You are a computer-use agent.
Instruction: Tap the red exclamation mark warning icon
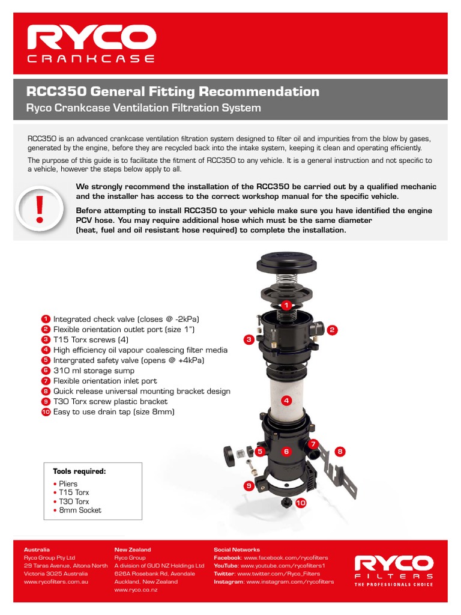[40, 208]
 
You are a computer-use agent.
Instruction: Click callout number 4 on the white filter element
[286, 401]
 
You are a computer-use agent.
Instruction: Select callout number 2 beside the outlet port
[331, 330]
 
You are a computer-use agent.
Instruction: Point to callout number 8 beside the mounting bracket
[340, 451]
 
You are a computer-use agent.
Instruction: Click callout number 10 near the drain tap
[300, 502]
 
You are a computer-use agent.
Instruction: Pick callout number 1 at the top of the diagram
[287, 305]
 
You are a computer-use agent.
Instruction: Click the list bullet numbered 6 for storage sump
[45, 371]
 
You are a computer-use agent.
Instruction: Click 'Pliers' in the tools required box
[68, 483]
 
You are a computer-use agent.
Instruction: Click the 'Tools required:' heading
[79, 471]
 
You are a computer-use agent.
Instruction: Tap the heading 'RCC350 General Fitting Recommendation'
[173, 91]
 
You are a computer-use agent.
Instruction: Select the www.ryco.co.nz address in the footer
[136, 590]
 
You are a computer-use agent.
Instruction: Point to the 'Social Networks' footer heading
[237, 550]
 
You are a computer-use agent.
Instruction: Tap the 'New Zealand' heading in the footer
[133, 550]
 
